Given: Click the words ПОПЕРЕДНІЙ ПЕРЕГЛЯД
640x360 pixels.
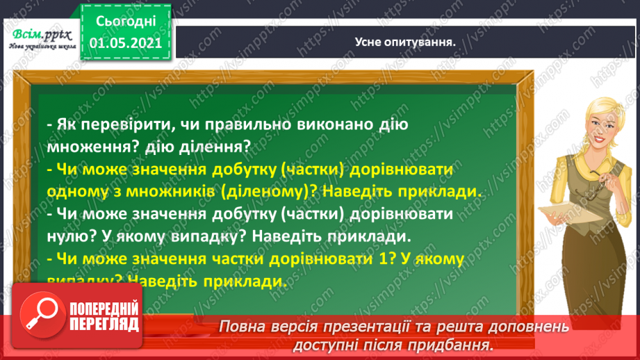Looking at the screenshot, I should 104,317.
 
